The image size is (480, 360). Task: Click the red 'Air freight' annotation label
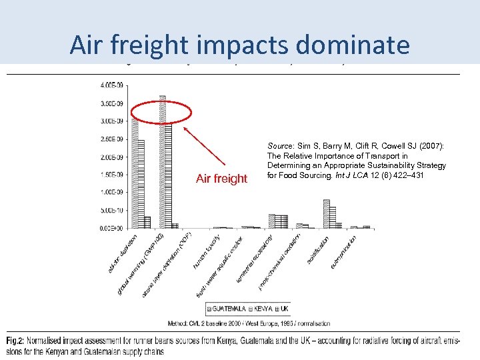click(x=221, y=179)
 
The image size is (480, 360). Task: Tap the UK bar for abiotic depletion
click(x=147, y=222)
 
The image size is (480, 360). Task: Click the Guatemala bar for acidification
click(x=326, y=213)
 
